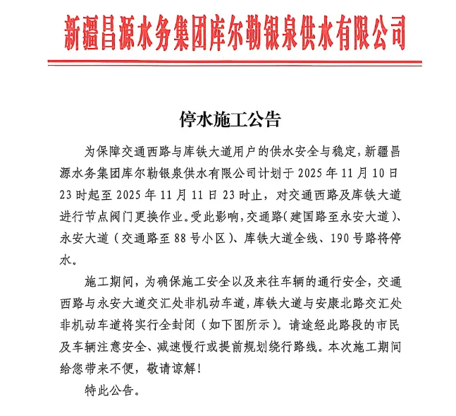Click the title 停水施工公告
click(x=228, y=116)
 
